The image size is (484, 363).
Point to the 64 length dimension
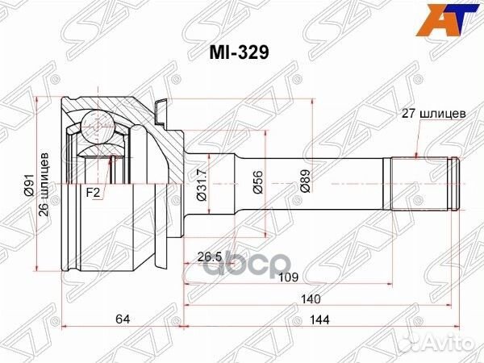pos(122,319)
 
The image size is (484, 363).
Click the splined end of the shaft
pos(419,185)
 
